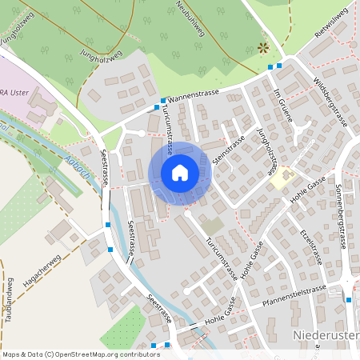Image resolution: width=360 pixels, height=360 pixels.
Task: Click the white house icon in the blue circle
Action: click(x=180, y=173)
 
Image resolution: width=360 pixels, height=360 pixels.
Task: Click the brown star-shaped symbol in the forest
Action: click(x=262, y=48)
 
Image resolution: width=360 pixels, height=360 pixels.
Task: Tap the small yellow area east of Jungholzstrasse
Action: click(x=281, y=179)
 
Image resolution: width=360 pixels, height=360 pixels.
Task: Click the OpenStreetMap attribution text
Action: click(x=70, y=354)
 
